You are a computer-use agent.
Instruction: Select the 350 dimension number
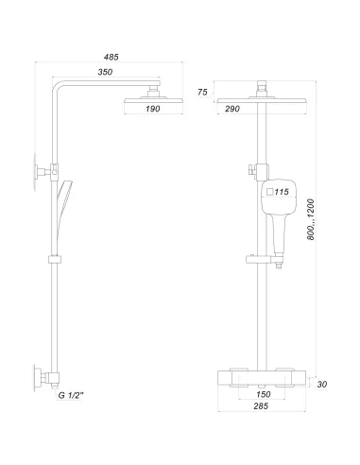106,72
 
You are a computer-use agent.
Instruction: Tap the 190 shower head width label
151,110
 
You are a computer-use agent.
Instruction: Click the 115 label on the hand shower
282,192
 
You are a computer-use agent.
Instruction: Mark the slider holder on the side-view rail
54,258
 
